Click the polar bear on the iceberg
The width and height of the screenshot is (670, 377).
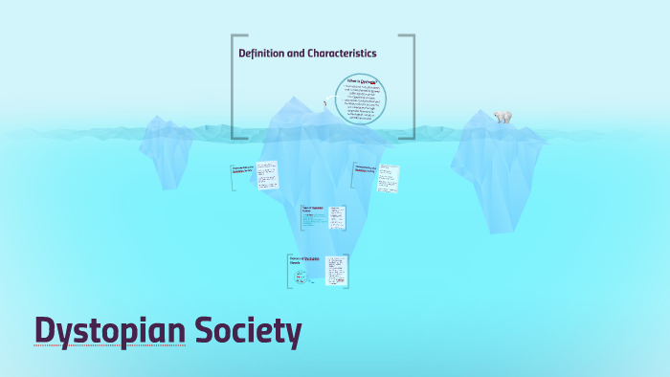(502, 117)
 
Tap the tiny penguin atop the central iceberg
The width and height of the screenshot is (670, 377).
(326, 100)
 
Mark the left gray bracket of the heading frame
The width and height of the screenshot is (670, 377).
(234, 86)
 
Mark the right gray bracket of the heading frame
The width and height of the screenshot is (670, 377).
(412, 86)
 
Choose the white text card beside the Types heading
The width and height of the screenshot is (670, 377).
(338, 218)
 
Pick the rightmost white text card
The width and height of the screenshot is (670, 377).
(388, 177)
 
